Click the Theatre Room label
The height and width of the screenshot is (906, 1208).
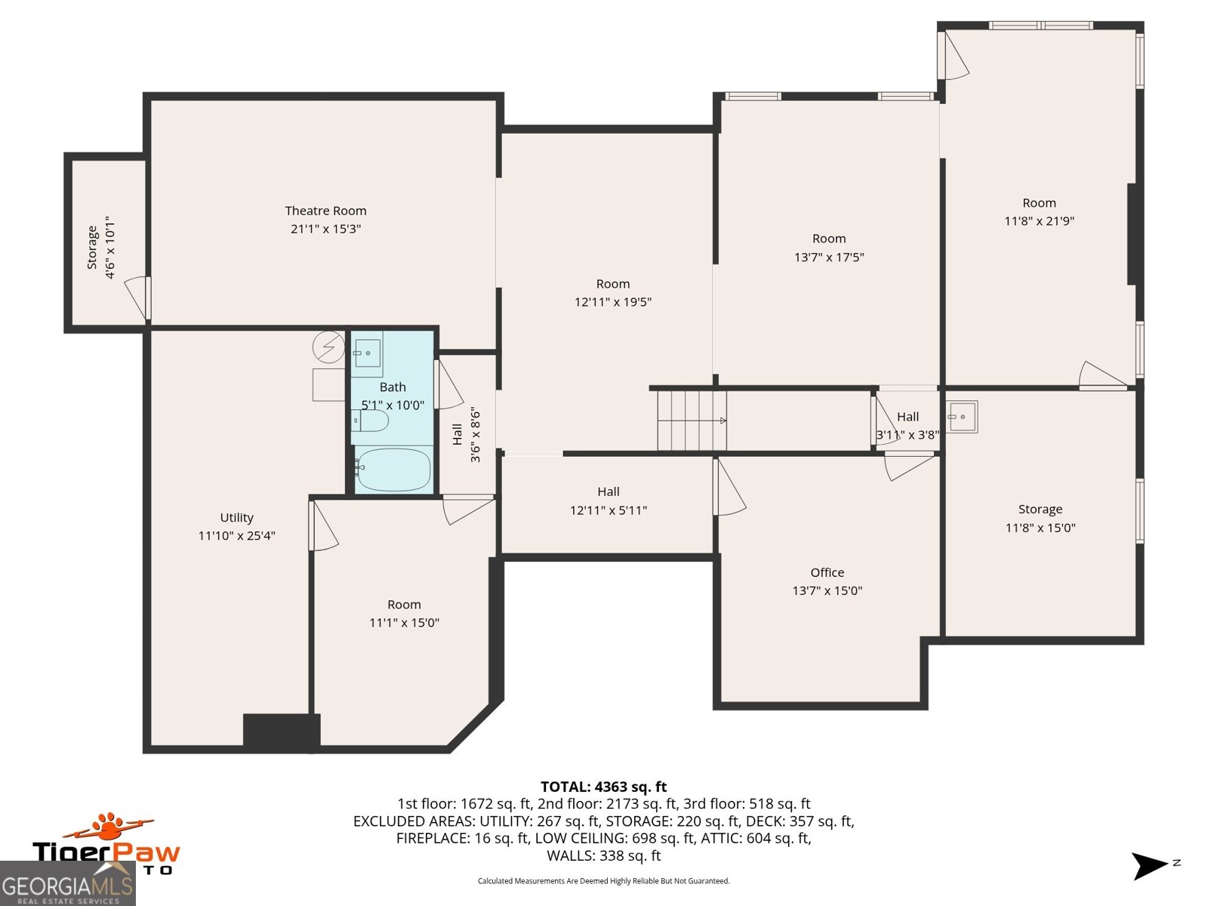(x=325, y=211)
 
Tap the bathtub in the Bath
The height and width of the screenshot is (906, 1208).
(x=393, y=470)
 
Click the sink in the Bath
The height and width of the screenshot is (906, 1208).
(x=367, y=353)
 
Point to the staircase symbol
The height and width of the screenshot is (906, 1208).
(x=691, y=421)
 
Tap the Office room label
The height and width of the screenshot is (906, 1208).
(x=827, y=572)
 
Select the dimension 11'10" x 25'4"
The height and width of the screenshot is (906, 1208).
(x=236, y=536)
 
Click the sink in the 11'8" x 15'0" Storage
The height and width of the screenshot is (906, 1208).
(x=962, y=417)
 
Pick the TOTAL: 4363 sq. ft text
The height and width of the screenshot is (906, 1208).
(x=603, y=787)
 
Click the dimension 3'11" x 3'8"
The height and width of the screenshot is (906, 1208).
(x=908, y=435)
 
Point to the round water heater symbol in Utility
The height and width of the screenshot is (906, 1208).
(x=329, y=347)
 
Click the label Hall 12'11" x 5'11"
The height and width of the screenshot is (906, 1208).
(x=609, y=501)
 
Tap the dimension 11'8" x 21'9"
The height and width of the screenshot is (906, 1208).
(x=1039, y=221)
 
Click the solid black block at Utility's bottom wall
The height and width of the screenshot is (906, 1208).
(x=281, y=732)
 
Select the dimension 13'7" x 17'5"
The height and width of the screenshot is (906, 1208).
(x=828, y=257)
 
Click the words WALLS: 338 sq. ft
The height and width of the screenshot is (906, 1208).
(x=603, y=855)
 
